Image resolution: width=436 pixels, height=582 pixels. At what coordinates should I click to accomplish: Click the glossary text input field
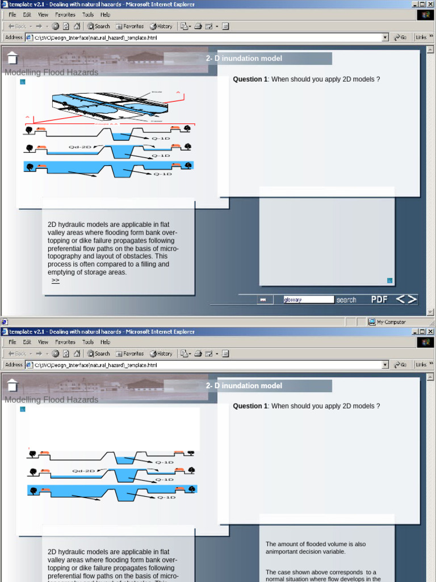click(308, 300)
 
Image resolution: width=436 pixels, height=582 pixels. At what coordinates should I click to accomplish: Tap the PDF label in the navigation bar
click(380, 300)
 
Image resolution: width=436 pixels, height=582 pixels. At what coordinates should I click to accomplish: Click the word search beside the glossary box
click(346, 300)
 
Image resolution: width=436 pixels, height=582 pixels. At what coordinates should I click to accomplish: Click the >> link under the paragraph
click(55, 280)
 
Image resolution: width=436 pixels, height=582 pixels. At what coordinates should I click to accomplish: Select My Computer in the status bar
click(391, 322)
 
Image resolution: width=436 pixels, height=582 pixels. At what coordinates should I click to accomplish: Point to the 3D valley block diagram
click(111, 106)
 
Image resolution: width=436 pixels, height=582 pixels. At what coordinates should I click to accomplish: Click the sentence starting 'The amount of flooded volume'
click(316, 547)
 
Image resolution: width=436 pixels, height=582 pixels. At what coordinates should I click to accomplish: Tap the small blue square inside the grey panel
click(389, 280)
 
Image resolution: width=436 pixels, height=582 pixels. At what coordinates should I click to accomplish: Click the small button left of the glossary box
click(263, 300)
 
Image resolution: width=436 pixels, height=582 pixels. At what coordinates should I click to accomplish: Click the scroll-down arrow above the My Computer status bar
click(430, 312)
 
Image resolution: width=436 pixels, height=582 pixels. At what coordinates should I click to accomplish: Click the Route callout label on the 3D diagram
click(157, 92)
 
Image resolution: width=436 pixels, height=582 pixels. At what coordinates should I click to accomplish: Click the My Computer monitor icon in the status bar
click(372, 322)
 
